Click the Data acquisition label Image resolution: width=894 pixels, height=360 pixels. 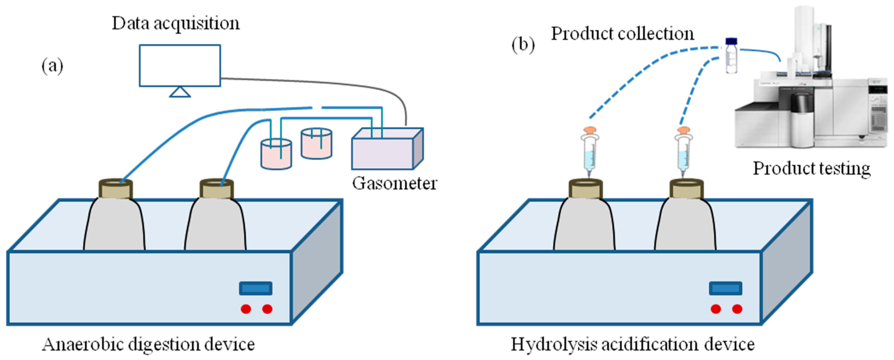click(176, 24)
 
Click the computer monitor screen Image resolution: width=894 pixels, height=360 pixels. click(180, 65)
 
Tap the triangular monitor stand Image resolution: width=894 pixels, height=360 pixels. click(180, 92)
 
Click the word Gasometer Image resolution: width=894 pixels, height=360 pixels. click(394, 183)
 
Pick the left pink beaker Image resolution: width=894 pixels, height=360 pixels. click(276, 155)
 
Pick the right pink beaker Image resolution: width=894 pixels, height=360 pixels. click(316, 144)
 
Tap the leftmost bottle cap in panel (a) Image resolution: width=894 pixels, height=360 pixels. click(116, 188)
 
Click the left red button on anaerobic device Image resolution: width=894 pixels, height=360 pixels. click(246, 308)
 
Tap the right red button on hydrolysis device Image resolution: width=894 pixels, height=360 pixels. click(737, 308)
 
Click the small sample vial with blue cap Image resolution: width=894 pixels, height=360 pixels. click(731, 56)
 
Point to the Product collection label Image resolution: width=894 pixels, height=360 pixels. click(623, 34)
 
